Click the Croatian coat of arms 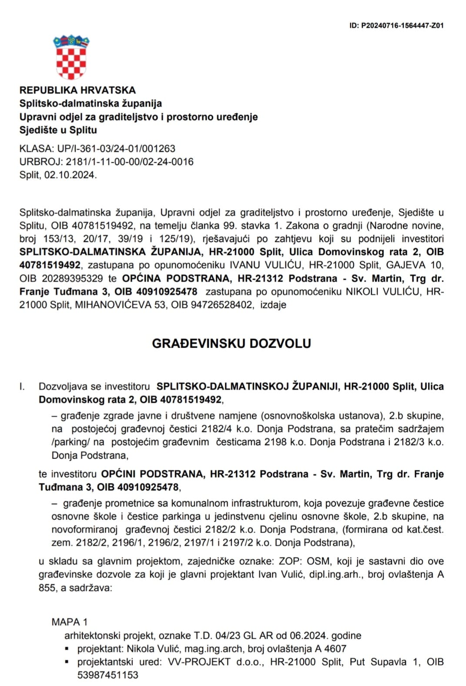[71, 58]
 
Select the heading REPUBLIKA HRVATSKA [77, 90]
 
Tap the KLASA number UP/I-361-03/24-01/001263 [116, 148]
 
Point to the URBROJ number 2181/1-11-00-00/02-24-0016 [130, 162]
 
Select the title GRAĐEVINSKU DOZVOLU [231, 344]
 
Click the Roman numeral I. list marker [22, 386]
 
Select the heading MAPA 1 [70, 622]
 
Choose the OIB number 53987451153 [108, 675]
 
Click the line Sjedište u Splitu [58, 130]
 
